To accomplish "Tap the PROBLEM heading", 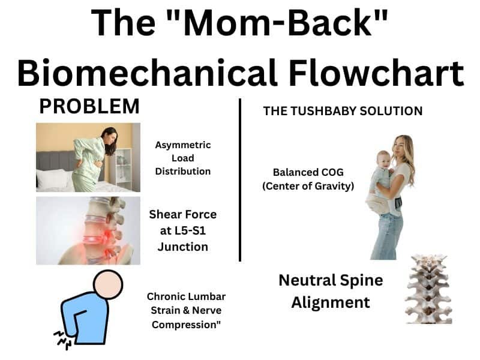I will [x=89, y=107].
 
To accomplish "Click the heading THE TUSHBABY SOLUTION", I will [x=343, y=111].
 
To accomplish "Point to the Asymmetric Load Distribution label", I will [x=183, y=158].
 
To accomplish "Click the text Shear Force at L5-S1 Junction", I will [x=183, y=230].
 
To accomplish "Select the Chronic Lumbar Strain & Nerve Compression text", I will [x=186, y=311].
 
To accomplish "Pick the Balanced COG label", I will [x=308, y=179].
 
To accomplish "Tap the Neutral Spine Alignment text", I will [x=331, y=291].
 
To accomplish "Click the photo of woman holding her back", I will [x=88, y=157].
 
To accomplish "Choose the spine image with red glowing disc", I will [x=88, y=230].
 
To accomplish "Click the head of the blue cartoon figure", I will [x=108, y=284].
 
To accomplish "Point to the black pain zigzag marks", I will [x=62, y=338].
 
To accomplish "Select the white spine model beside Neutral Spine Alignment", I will [x=428, y=288].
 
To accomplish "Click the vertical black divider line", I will [x=240, y=180].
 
